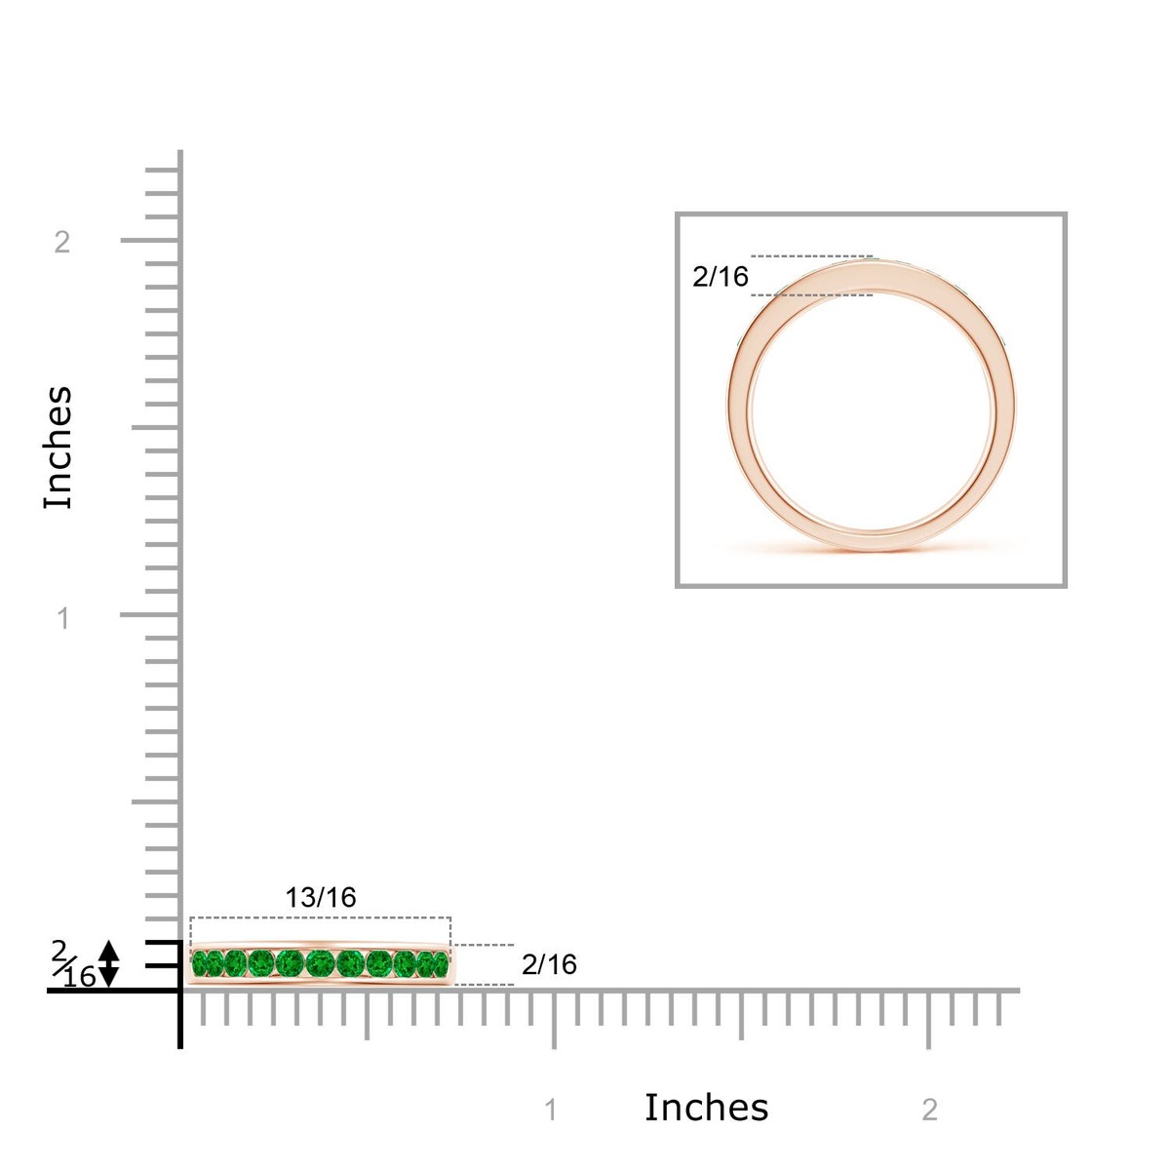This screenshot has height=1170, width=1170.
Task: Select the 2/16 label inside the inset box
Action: [x=721, y=277]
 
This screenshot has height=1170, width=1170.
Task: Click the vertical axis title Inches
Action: [x=58, y=448]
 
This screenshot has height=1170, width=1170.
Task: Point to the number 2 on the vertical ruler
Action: [x=62, y=242]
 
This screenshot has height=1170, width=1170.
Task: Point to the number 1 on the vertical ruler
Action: [x=63, y=619]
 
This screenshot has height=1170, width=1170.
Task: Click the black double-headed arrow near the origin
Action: [x=108, y=963]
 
